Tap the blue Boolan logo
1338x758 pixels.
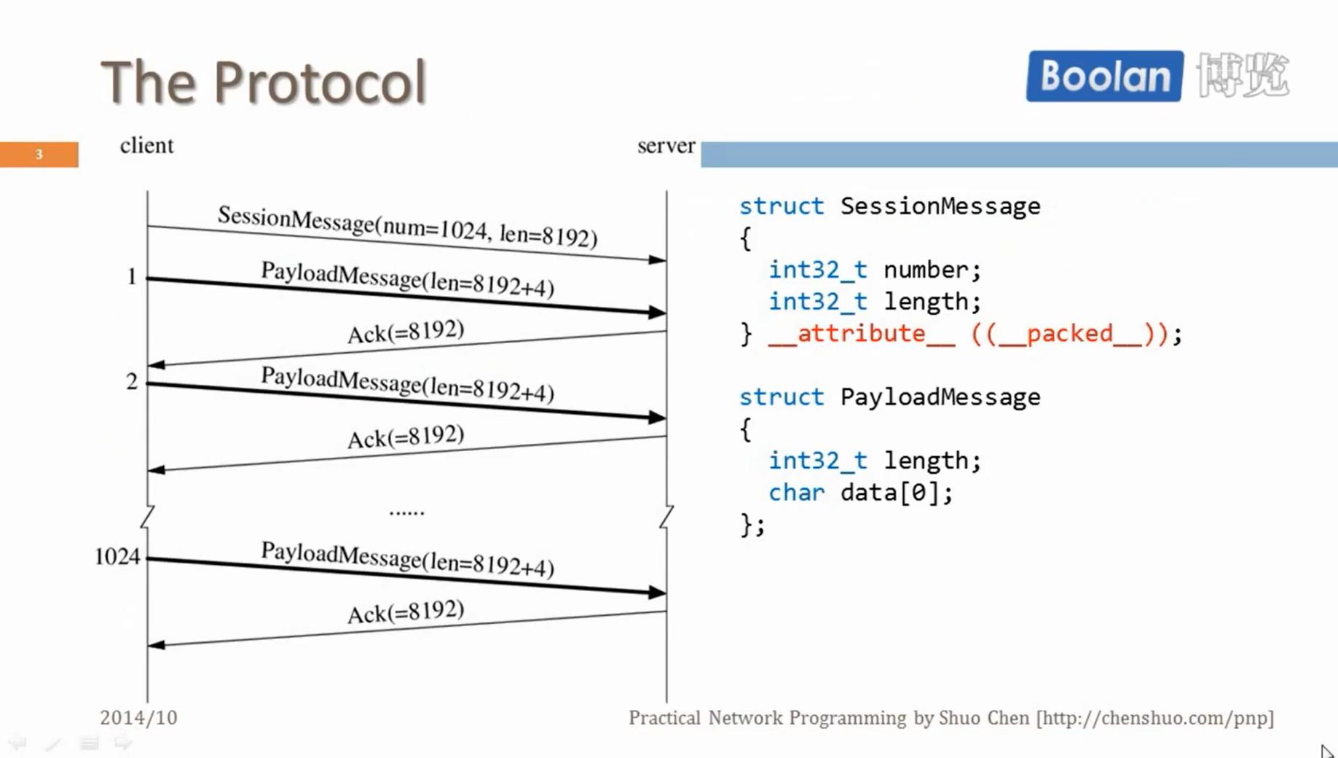pyautogui.click(x=1104, y=76)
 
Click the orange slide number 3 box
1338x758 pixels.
pyautogui.click(x=39, y=155)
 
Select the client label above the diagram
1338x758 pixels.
pyautogui.click(x=146, y=146)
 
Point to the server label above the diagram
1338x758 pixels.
pyautogui.click(x=666, y=146)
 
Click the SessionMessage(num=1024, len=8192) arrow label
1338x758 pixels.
pyautogui.click(x=407, y=226)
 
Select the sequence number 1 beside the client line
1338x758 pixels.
pyautogui.click(x=132, y=276)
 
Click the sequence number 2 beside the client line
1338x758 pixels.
pyautogui.click(x=132, y=381)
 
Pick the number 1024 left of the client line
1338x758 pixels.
pyautogui.click(x=117, y=557)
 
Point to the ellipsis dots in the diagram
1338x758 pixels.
pyautogui.click(x=406, y=512)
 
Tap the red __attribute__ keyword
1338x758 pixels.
pyautogui.click(x=861, y=334)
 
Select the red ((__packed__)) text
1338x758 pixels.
pyautogui.click(x=1070, y=334)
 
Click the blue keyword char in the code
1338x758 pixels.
pyautogui.click(x=796, y=493)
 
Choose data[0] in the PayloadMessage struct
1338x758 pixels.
pyautogui.click(x=890, y=493)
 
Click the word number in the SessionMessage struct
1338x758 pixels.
pyautogui.click(x=926, y=270)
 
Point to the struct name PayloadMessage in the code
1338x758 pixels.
pyautogui.click(x=940, y=397)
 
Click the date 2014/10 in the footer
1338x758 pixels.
pyautogui.click(x=138, y=718)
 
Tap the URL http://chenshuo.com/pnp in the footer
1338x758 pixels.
pyautogui.click(x=1155, y=718)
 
